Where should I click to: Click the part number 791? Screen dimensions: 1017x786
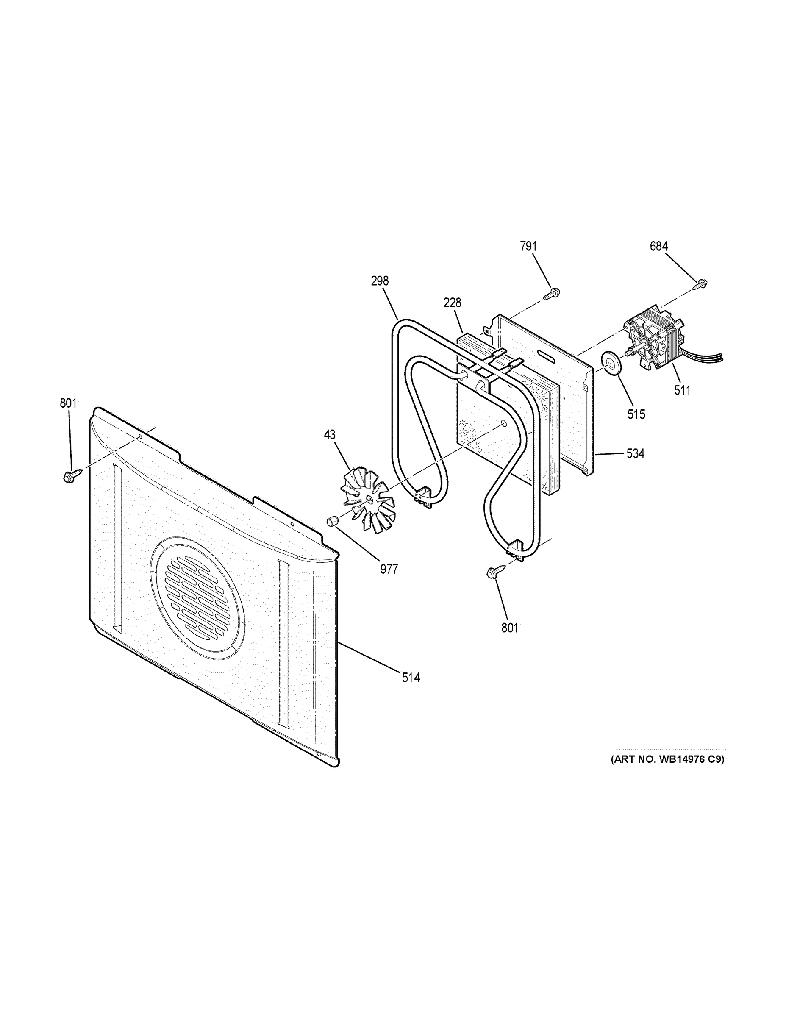(528, 246)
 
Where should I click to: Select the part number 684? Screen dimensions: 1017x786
(659, 246)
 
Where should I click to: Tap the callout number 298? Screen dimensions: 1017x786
(380, 281)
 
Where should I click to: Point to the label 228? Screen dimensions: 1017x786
(452, 303)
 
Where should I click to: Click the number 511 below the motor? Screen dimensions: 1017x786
(682, 390)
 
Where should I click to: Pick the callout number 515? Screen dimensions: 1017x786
(636, 414)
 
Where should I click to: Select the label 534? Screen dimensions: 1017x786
(635, 453)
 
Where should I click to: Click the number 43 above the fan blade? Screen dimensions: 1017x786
(330, 434)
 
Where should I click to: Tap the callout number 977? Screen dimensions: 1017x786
(389, 569)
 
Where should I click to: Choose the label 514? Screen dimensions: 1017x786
(411, 678)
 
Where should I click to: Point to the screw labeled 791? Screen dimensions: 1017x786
(551, 294)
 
